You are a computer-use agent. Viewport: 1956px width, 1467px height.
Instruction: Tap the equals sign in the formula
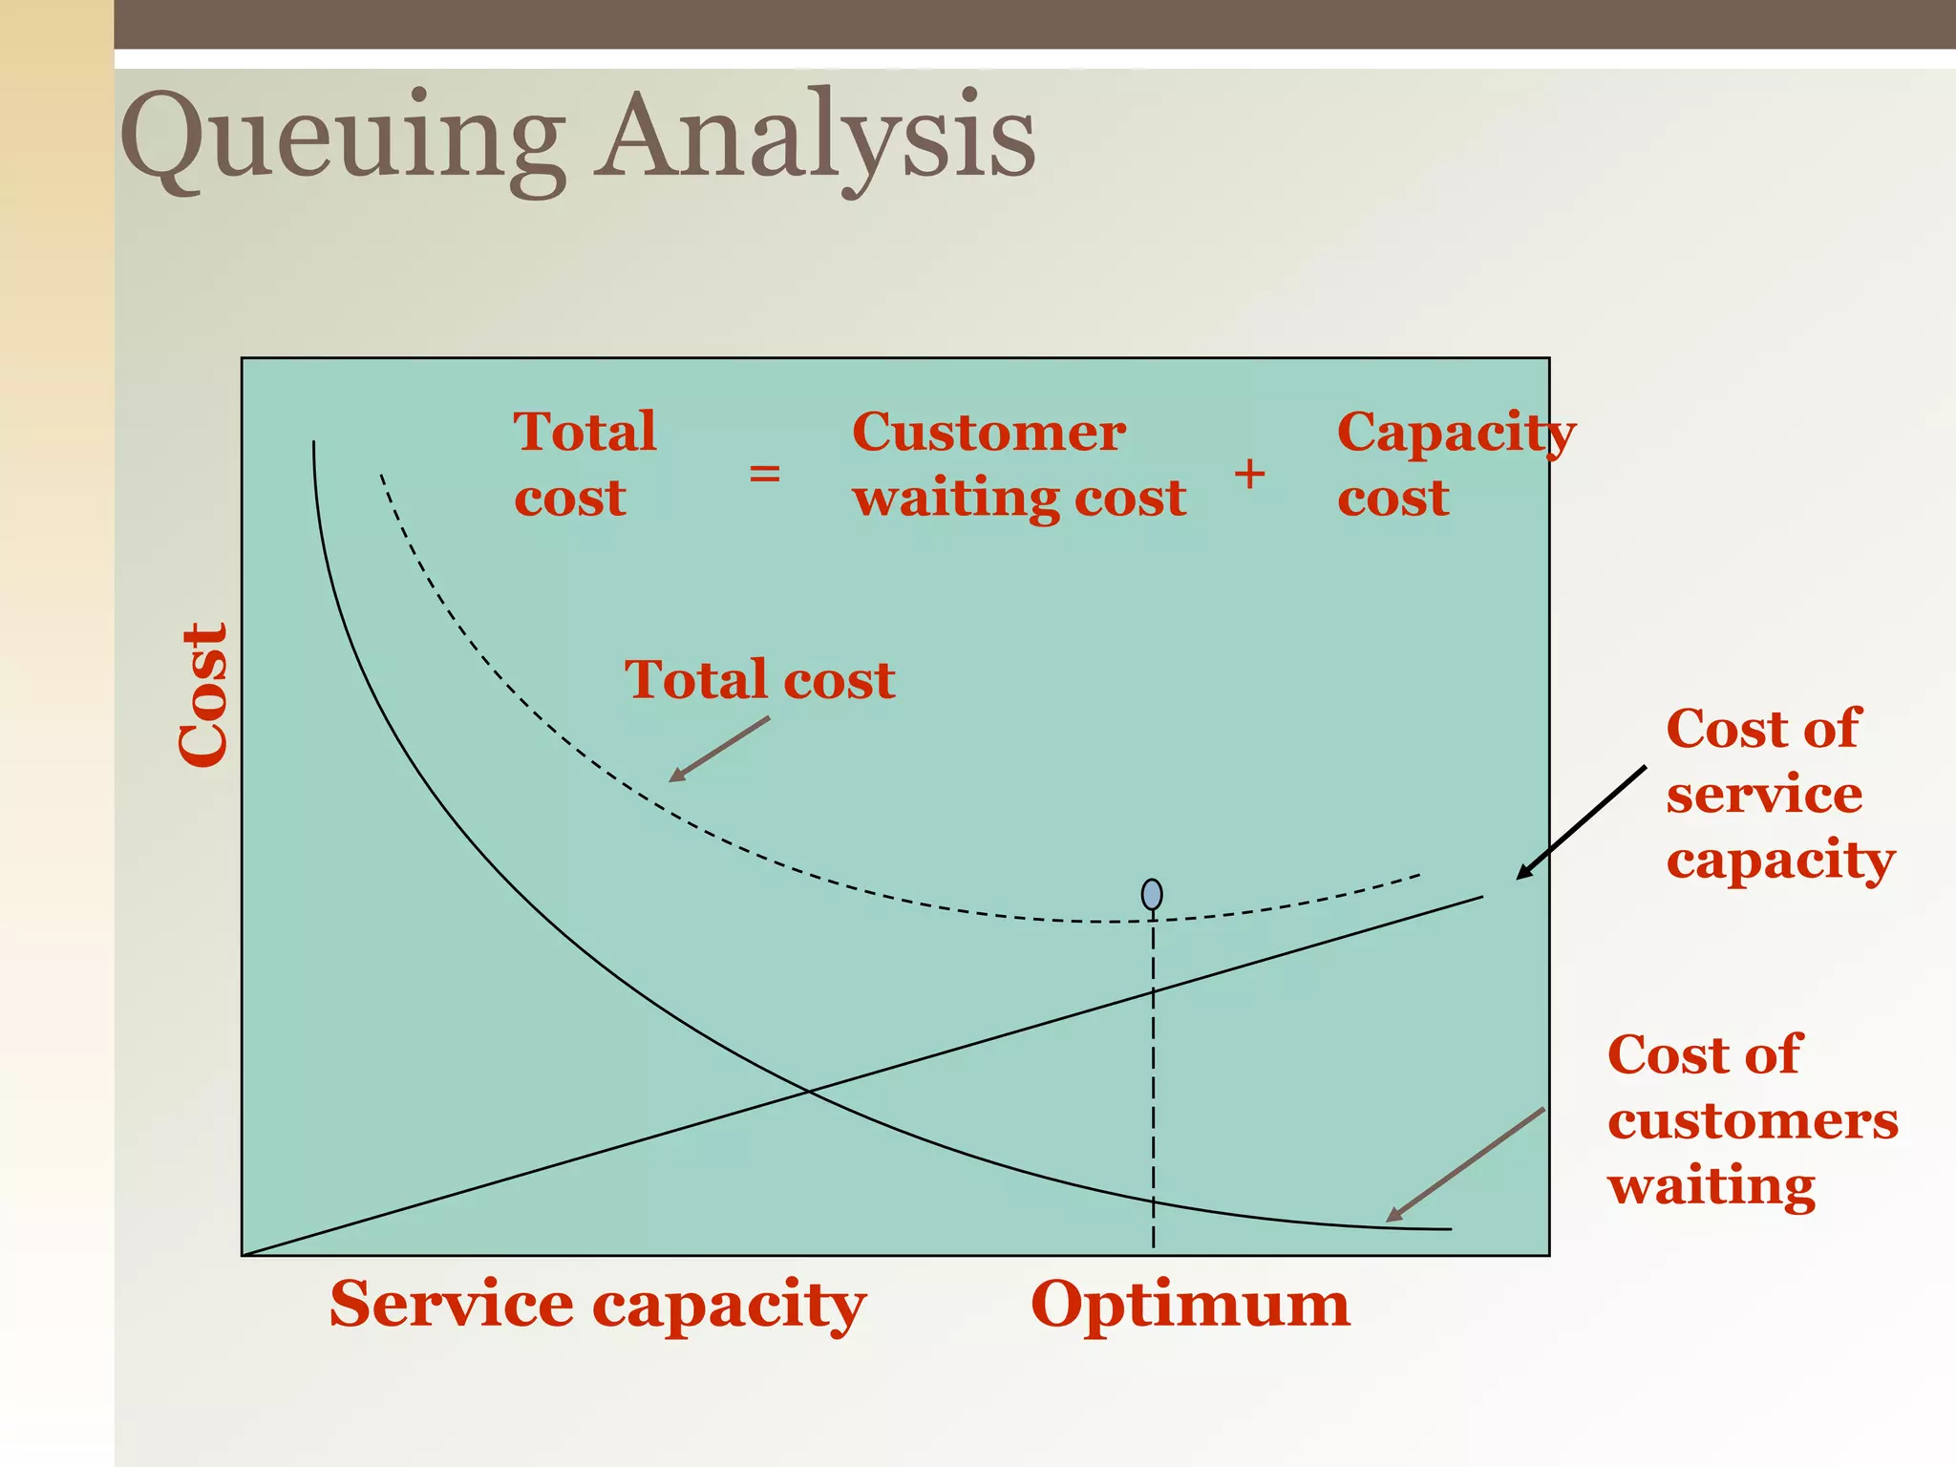point(764,473)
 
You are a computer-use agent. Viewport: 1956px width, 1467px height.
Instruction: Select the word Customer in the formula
point(989,433)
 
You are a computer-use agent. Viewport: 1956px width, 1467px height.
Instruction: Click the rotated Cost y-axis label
point(204,694)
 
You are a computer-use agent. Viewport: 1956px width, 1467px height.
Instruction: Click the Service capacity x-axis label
point(597,1305)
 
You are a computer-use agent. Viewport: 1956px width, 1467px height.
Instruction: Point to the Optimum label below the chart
point(1190,1305)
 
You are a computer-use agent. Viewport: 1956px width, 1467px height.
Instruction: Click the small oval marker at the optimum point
point(1152,895)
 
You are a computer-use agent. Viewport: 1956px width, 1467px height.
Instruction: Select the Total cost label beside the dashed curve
point(759,680)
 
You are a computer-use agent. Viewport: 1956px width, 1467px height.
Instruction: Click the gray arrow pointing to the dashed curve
point(719,750)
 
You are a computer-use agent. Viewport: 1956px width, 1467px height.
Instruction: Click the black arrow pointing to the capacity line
point(1581,822)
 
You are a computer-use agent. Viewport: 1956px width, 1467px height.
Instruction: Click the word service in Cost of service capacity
point(1763,795)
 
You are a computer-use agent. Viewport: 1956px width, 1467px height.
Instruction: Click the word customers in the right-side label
point(1753,1120)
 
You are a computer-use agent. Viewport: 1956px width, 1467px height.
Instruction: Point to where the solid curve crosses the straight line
point(808,1091)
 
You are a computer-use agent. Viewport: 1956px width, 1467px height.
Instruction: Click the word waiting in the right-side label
point(1711,1185)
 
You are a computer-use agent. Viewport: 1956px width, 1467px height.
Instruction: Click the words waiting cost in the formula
point(1019,499)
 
